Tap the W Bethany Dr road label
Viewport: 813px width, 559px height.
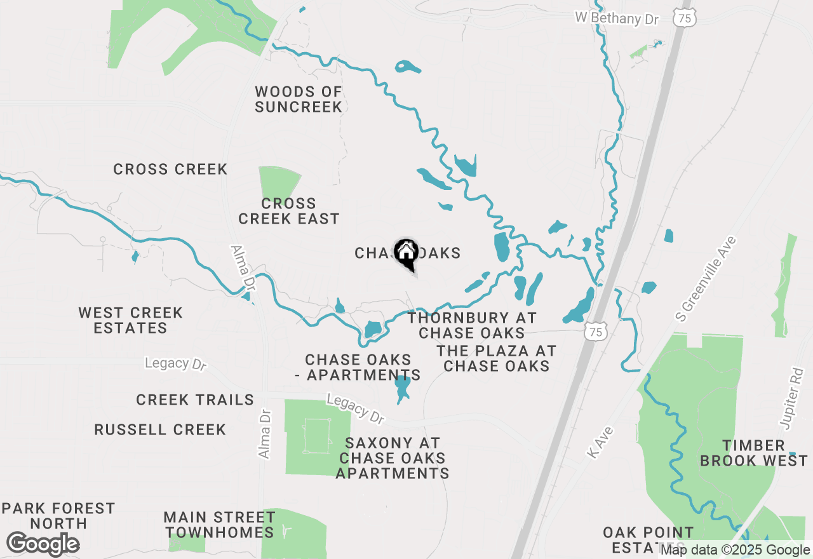tap(617, 18)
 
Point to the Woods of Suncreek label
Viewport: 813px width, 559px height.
tap(299, 100)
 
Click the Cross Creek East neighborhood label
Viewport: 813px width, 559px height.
tap(289, 211)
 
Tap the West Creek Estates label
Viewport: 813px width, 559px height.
tap(131, 320)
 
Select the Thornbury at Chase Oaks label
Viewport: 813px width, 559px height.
tap(472, 325)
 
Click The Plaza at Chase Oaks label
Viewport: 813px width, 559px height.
tap(496, 358)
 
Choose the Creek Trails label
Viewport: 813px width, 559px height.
tap(195, 400)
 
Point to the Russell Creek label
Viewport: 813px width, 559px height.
tap(160, 429)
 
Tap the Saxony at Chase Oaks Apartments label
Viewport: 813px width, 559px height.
tap(393, 458)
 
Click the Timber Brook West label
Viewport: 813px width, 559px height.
tap(754, 453)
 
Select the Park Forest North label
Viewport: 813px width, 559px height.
tap(58, 516)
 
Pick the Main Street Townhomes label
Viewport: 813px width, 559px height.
tap(219, 525)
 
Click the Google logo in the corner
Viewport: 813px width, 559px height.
tap(43, 544)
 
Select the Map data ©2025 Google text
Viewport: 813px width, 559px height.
tap(735, 550)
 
